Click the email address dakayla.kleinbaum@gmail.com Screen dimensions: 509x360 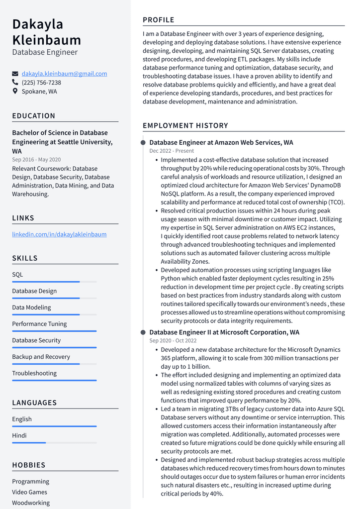pos(64,74)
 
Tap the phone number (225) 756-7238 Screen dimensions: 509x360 pos(41,83)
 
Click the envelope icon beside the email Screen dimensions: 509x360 pos(15,74)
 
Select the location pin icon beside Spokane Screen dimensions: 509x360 pos(15,92)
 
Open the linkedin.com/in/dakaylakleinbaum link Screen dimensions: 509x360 pos(59,234)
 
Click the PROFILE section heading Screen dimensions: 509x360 pos(159,20)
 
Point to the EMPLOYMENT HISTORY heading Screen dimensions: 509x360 pos(185,126)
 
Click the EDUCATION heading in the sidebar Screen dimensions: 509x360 pos(34,116)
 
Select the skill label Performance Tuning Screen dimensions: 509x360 pos(39,324)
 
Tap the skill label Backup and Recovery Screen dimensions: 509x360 pos(41,357)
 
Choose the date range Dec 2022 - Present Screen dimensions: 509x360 pos(172,151)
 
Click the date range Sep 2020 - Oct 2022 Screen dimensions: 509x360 pos(173,341)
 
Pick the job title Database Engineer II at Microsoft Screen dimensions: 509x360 pos(224,332)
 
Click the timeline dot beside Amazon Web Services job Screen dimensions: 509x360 pos(143,143)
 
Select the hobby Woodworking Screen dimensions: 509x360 pos(31,503)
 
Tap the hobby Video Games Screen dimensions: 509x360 pos(30,492)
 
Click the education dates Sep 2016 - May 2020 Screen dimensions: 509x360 pos(36,160)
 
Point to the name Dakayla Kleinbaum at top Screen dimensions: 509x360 pos(46,32)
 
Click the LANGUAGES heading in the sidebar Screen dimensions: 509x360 pos(34,403)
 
